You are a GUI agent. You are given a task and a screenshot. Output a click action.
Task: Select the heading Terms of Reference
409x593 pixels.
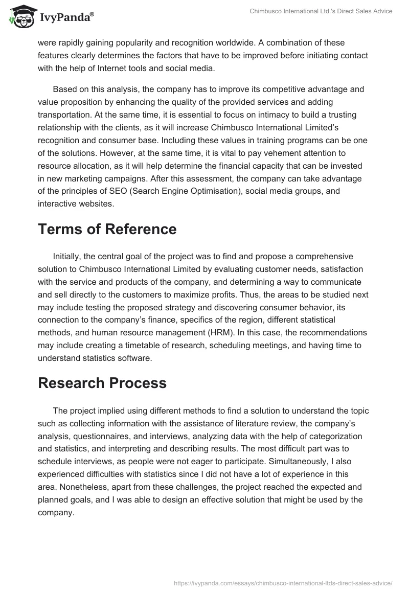pos(107,229)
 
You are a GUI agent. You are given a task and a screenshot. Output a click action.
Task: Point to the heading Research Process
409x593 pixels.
pos(102,383)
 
